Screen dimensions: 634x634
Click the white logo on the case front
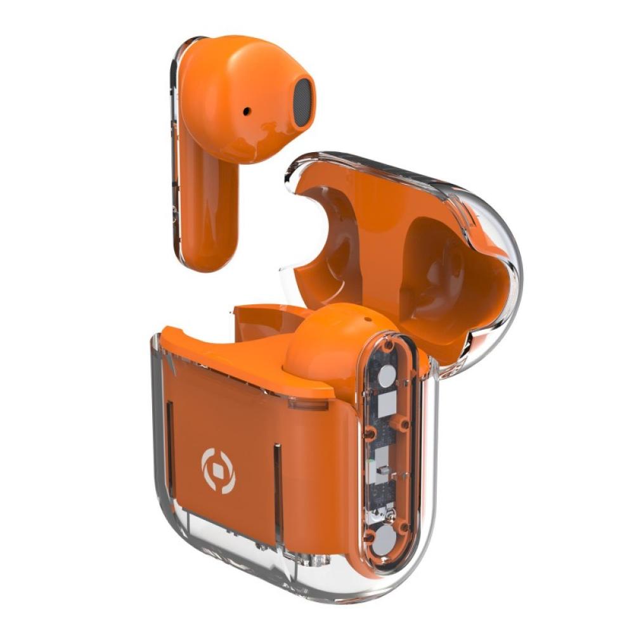point(218,470)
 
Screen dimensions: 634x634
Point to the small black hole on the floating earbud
point(246,112)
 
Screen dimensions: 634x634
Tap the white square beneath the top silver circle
point(386,403)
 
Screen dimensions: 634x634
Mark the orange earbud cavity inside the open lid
point(437,266)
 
